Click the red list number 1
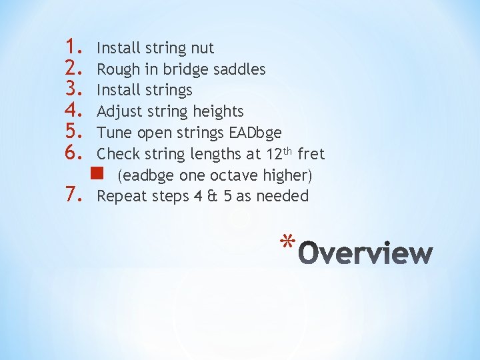(72, 48)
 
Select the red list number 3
(72, 90)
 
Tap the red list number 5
(72, 133)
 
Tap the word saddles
(239, 69)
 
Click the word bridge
(179, 69)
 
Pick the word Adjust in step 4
(119, 111)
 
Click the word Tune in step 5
(114, 133)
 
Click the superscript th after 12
(288, 150)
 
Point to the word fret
(311, 154)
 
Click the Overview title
(366, 253)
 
